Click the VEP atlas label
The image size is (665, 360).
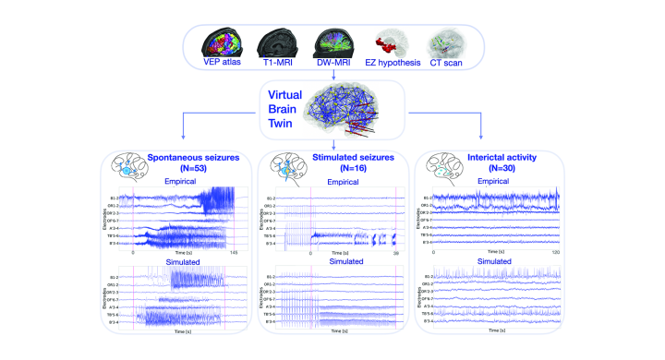click(x=224, y=64)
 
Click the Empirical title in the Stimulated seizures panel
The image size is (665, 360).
click(x=344, y=183)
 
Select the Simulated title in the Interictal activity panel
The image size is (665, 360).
click(x=496, y=262)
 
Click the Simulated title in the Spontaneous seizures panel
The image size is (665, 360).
click(x=183, y=262)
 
